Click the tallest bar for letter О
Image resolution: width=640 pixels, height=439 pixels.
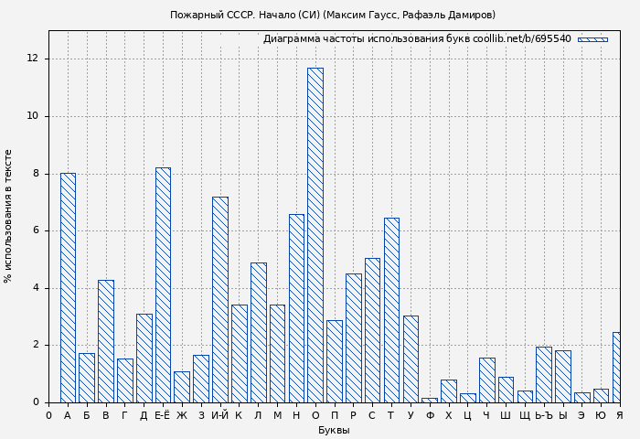[315, 235]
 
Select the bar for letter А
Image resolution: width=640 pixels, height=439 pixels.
[68, 287]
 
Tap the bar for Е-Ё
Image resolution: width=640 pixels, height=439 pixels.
[163, 284]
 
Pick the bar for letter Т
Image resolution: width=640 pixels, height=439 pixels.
[391, 310]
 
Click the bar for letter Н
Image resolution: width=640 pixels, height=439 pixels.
[296, 308]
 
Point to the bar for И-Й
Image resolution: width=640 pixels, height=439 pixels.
[220, 299]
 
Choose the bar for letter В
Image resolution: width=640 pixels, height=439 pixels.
[106, 341]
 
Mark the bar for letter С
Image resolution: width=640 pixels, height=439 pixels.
[372, 330]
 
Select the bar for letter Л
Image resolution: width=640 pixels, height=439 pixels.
[258, 332]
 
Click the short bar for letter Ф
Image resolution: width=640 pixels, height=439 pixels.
[430, 400]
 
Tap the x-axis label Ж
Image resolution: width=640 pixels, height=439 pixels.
[182, 416]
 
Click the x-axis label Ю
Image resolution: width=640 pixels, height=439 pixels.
[601, 416]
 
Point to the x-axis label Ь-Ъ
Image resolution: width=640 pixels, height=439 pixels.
[543, 416]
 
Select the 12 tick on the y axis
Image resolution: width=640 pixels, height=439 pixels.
[33, 59]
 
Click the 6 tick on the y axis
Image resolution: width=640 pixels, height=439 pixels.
[36, 230]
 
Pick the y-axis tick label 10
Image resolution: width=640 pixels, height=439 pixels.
[33, 116]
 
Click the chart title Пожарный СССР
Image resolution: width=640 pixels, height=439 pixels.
[333, 15]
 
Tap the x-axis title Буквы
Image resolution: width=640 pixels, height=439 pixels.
[334, 430]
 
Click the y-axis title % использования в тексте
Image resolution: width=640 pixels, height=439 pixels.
[9, 216]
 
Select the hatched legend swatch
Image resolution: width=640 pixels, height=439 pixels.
[592, 39]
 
